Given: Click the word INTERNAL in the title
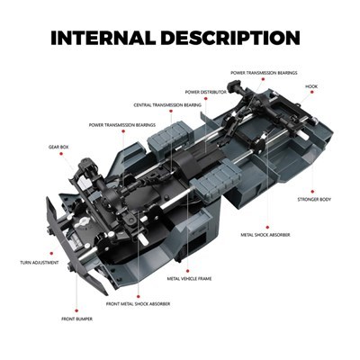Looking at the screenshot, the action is point(103,38).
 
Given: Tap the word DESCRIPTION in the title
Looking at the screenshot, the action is point(230,38).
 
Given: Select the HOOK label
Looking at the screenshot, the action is point(311,86).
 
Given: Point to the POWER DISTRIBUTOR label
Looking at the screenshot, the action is point(205,92).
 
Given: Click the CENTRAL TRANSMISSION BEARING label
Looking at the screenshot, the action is point(167,105).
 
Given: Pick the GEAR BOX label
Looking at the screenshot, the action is point(58,148).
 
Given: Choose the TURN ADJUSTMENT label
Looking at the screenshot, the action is point(40,263).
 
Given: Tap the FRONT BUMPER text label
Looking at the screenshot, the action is point(76,319).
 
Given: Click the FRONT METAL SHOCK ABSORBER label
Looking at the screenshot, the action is point(138,304).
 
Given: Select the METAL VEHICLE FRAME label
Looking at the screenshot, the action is point(189,279).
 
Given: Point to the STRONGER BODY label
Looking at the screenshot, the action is point(314,200).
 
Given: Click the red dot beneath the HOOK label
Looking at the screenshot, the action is point(312,92).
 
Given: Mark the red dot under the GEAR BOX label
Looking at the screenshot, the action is point(61,154).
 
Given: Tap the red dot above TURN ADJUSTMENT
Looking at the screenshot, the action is point(51,254).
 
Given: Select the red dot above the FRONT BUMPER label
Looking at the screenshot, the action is point(76,310).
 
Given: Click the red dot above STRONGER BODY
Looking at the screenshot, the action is point(312,192).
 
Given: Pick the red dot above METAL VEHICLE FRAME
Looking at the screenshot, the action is point(188,271).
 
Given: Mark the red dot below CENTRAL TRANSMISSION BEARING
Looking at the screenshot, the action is point(171,111).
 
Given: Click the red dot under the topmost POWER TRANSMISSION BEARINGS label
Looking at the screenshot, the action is point(263,79).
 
